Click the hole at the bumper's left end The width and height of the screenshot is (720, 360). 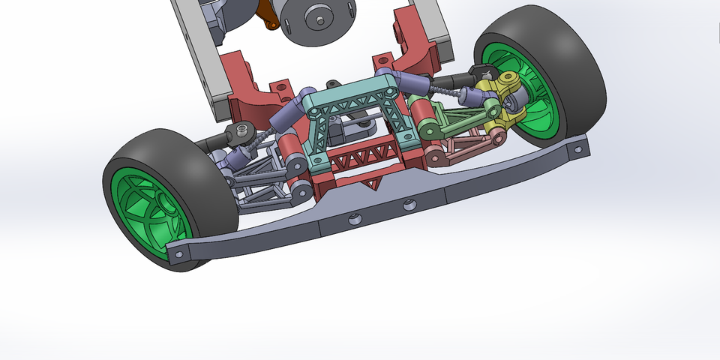coord(178,255)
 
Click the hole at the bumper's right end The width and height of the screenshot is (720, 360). coord(577,151)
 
